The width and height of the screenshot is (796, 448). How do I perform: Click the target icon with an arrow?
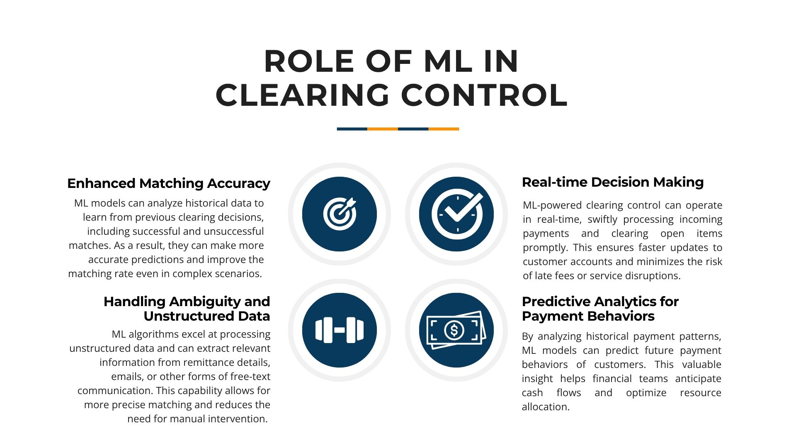tap(340, 214)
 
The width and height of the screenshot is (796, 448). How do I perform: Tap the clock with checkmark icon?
tap(457, 214)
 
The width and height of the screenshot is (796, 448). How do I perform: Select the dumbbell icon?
tap(340, 330)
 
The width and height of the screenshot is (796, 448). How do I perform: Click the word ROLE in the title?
tap(309, 61)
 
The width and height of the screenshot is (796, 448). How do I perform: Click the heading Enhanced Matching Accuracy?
tap(169, 183)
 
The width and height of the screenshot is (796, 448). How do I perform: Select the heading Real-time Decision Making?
tap(613, 182)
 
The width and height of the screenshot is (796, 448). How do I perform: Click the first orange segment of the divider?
tap(383, 129)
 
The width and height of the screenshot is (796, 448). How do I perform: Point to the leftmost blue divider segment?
tap(352, 129)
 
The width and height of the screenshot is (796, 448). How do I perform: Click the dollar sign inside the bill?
tap(454, 330)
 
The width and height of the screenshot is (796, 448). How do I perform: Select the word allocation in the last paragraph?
tap(546, 407)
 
